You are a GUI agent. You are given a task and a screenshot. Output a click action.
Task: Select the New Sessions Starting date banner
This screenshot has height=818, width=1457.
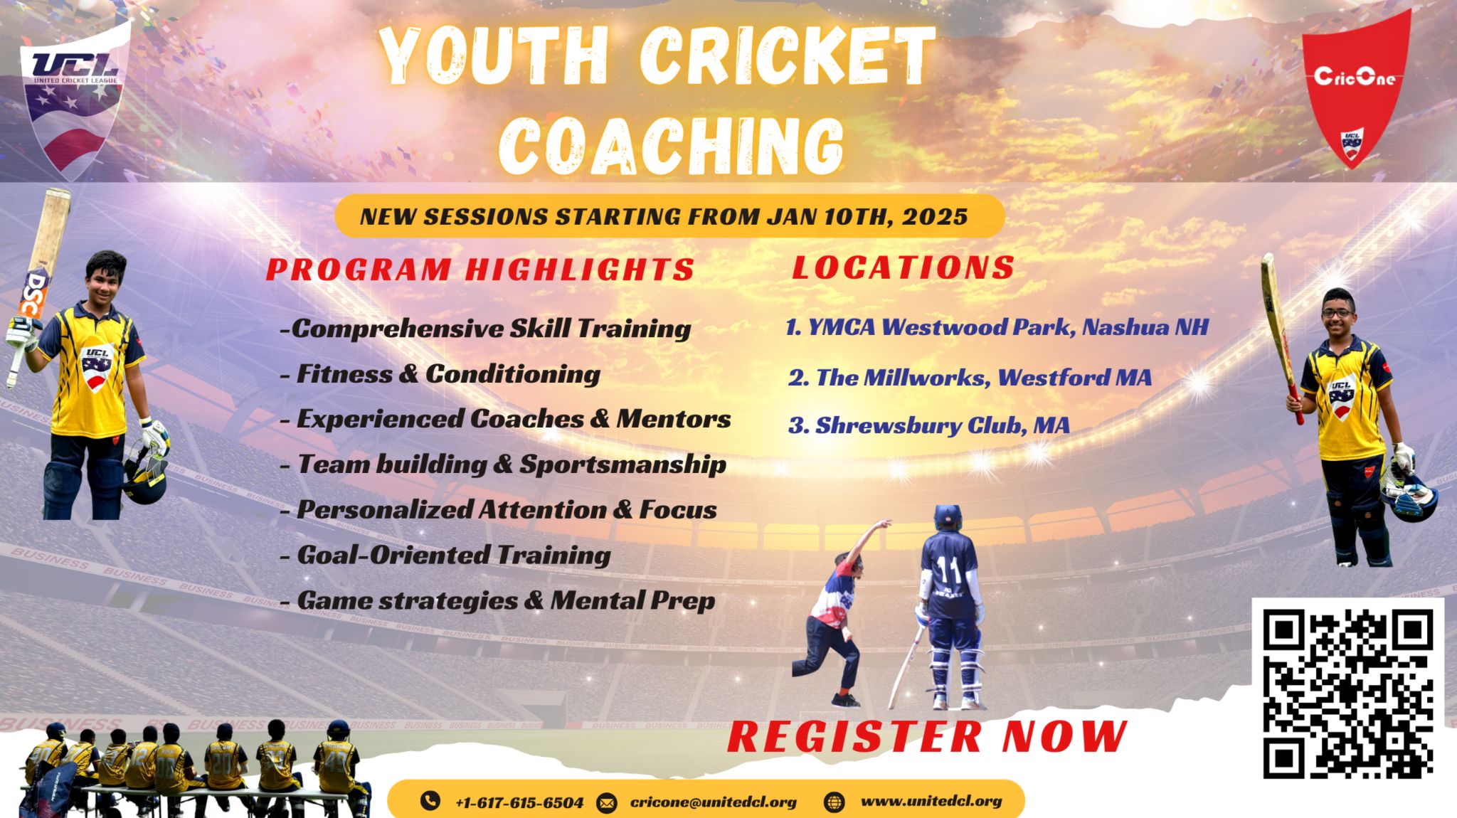click(669, 216)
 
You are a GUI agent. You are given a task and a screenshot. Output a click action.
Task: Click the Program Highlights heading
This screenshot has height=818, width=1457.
click(480, 270)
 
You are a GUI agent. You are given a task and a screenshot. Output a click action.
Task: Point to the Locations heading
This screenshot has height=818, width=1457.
click(904, 267)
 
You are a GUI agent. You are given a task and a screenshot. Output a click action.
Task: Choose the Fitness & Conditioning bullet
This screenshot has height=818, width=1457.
click(441, 374)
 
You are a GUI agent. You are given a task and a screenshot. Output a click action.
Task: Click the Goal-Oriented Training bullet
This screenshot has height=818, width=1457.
click(446, 555)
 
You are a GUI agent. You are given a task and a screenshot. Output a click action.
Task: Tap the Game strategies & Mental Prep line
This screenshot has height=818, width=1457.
click(498, 601)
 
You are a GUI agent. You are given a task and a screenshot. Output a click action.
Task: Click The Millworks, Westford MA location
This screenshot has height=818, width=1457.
click(970, 377)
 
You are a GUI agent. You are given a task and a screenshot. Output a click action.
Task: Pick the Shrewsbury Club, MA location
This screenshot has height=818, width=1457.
click(929, 425)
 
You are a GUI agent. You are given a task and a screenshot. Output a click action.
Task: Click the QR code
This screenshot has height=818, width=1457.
click(1347, 694)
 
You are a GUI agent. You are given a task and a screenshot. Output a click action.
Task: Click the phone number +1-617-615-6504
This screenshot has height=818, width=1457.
click(519, 802)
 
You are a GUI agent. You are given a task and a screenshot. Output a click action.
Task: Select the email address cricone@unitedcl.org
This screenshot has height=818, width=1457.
click(714, 802)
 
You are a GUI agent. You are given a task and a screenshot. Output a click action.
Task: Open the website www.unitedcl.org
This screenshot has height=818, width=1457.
click(931, 801)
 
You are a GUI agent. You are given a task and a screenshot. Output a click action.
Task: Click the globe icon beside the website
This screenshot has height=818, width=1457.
click(834, 802)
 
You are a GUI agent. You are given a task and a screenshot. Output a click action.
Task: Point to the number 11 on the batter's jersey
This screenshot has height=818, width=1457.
click(948, 568)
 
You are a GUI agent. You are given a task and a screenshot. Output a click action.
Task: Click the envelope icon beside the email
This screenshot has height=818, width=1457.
click(606, 803)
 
